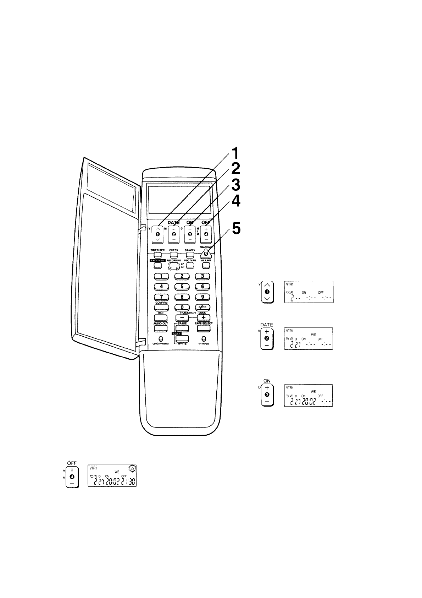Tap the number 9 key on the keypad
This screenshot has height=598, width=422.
tap(202, 297)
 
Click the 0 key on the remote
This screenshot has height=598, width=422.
tap(182, 307)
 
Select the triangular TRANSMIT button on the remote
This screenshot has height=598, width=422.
tap(206, 253)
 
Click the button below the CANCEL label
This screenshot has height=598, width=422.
tap(190, 255)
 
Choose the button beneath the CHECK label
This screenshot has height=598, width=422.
tap(173, 255)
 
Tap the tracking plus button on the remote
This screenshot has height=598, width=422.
tap(203, 317)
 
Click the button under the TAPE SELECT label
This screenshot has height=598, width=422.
tap(203, 328)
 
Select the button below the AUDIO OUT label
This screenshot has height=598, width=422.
tap(161, 328)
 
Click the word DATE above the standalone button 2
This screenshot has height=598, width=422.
tap(266, 325)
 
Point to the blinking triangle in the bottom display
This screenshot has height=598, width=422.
tap(132, 468)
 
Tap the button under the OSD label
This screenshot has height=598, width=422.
tap(161, 317)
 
